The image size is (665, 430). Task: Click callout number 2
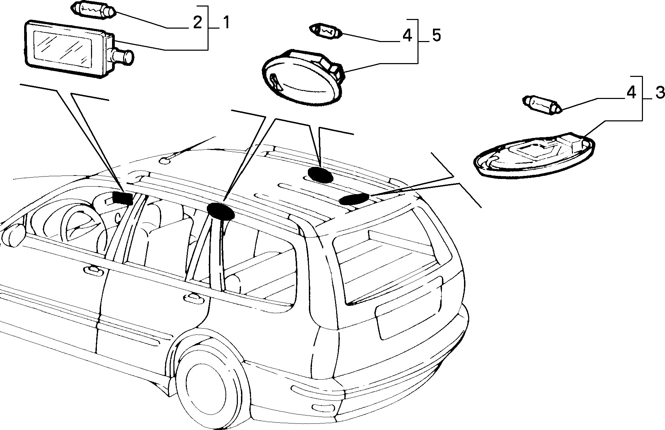[x=197, y=22]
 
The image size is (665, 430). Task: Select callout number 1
[x=226, y=22]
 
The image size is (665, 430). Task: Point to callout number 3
[x=659, y=93]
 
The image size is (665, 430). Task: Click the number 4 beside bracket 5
[x=407, y=36]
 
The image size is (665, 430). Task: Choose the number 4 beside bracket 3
[x=631, y=93]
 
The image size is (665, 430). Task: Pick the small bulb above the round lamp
[x=326, y=31]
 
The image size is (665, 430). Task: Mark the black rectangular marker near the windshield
[x=123, y=198]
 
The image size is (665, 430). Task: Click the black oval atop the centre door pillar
[x=221, y=211]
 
